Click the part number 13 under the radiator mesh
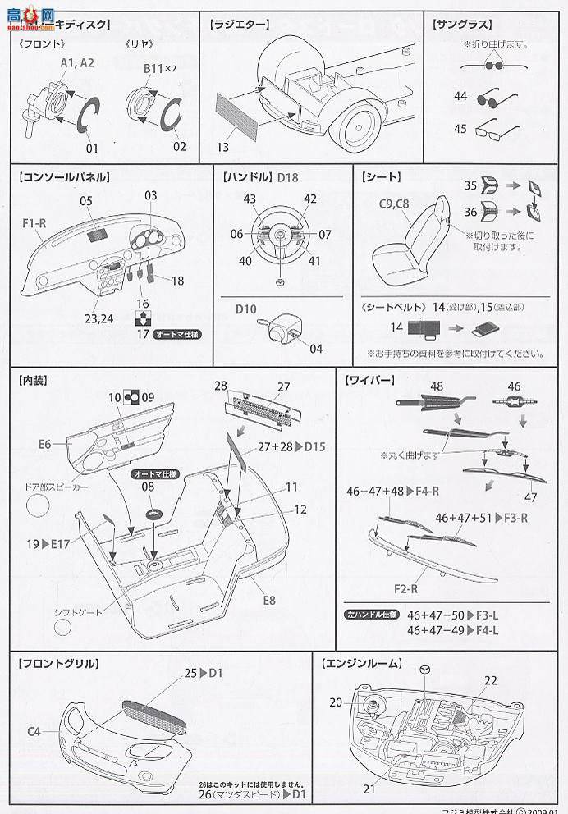pos(223,147)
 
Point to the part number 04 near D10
pos(316,348)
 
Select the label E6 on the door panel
pos(44,444)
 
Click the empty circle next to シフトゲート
pos(65,629)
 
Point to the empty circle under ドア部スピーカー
pos(39,506)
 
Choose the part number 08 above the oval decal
pos(148,487)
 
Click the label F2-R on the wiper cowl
pos(405,588)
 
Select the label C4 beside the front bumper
pos(34,729)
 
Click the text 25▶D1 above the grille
pos(202,673)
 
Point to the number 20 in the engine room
pos(336,702)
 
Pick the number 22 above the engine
pos(490,680)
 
